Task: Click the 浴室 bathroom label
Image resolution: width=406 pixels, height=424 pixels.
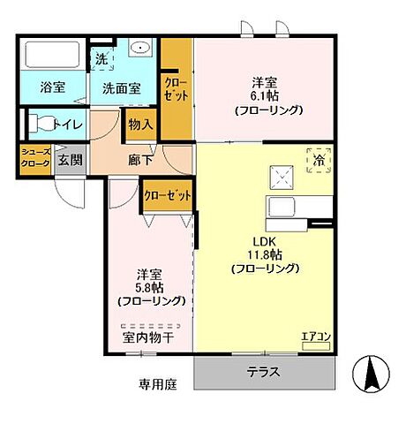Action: (52, 87)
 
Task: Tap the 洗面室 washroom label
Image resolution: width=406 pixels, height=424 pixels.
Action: (122, 88)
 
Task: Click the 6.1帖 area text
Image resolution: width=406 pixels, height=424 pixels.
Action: (265, 96)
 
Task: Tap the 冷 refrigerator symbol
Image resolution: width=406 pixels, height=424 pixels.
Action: (319, 160)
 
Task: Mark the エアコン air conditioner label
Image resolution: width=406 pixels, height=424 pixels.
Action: (314, 336)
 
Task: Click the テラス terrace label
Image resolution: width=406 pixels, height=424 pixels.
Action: (264, 372)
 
